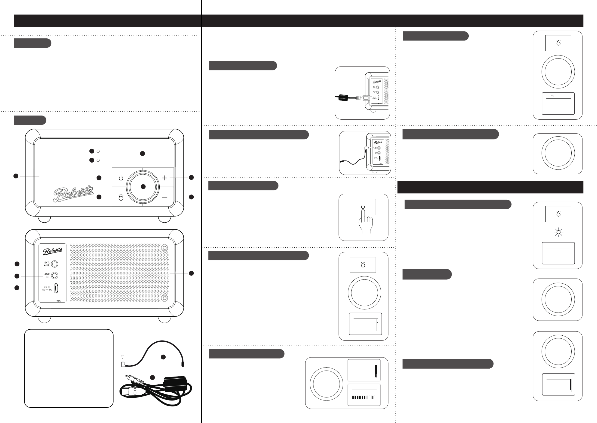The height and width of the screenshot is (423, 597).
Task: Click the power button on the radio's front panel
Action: click(121, 178)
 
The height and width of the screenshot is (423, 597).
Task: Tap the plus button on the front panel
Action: click(165, 178)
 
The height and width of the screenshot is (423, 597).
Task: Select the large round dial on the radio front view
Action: click(143, 187)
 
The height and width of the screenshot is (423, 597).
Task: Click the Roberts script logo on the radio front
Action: click(73, 194)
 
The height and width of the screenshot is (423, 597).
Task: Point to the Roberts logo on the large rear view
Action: click(52, 251)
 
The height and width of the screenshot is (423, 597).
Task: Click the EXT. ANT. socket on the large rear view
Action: click(55, 264)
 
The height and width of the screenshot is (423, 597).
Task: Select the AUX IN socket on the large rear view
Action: click(55, 275)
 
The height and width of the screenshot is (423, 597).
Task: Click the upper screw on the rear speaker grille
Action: click(164, 247)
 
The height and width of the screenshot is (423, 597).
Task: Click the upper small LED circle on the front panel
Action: click(98, 151)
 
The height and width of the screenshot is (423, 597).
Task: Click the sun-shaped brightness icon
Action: click(558, 232)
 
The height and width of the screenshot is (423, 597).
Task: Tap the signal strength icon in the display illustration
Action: click(553, 96)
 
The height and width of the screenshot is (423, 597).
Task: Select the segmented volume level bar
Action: click(364, 397)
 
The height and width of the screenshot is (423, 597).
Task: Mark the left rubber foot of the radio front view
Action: click(44, 219)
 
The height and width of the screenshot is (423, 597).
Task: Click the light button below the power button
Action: click(121, 197)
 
